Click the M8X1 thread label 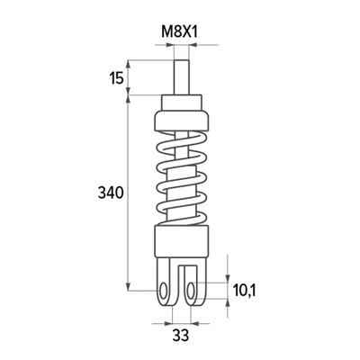(x=180, y=31)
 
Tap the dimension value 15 (x=116, y=78)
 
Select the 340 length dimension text (x=111, y=193)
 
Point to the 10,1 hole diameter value (x=244, y=291)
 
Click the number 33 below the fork (x=181, y=335)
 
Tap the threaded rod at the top (x=181, y=77)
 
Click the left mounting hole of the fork (x=164, y=291)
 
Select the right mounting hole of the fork (x=190, y=291)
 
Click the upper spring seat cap (x=181, y=121)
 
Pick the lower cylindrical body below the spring (x=181, y=241)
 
